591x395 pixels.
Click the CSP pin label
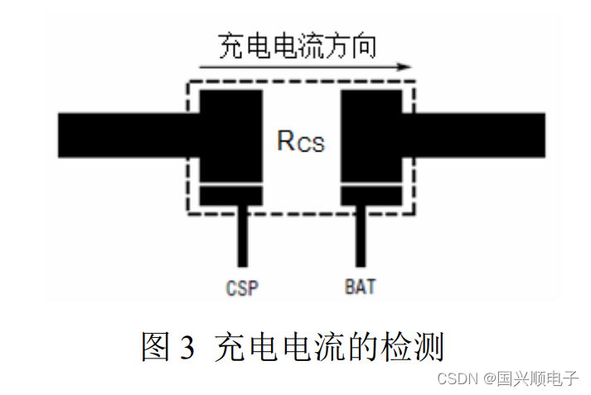[241, 288]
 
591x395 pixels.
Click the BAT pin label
[360, 288]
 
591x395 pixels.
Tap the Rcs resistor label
[300, 142]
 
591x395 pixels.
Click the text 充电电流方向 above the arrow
[297, 46]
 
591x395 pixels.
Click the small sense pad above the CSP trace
[231, 196]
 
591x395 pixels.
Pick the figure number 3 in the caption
[185, 347]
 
